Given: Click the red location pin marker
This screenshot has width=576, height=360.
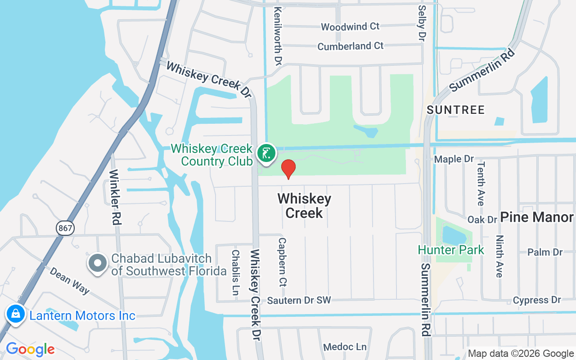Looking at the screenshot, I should click(288, 169).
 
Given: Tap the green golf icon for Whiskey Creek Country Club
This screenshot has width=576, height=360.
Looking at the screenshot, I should click(266, 153).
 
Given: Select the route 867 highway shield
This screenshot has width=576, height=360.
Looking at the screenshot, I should click(65, 228).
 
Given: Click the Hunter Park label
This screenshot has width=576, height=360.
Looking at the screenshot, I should click(451, 250).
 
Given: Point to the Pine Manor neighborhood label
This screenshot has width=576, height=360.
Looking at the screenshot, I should click(536, 217).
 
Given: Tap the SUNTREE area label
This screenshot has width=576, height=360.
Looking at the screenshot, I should click(456, 110).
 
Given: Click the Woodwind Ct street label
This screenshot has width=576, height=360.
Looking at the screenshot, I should click(350, 27).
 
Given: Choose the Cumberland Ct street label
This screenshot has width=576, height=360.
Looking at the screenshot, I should click(351, 46).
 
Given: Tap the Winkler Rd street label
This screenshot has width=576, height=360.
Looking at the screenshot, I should click(116, 197).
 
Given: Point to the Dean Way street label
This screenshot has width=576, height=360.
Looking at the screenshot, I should click(69, 281).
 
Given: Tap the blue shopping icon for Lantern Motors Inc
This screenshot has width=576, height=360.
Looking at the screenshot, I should click(16, 314).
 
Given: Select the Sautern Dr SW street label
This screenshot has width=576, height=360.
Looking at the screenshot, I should click(299, 300).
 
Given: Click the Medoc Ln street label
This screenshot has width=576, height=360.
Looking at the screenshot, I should click(345, 347).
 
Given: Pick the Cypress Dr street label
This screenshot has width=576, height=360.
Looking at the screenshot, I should click(537, 300).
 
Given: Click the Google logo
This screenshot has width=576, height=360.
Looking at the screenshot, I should click(30, 349).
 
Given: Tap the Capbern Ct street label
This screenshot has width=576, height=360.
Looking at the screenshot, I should click(283, 262).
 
